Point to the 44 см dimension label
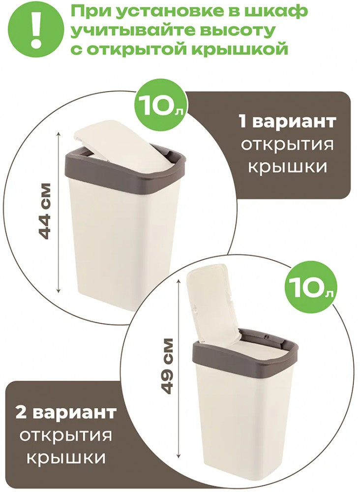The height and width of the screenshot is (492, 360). coord(44,211)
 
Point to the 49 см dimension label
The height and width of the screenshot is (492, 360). coord(165,365)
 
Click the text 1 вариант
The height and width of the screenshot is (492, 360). coord(288,122)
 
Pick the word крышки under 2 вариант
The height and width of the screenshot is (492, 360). coord(65,459)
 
